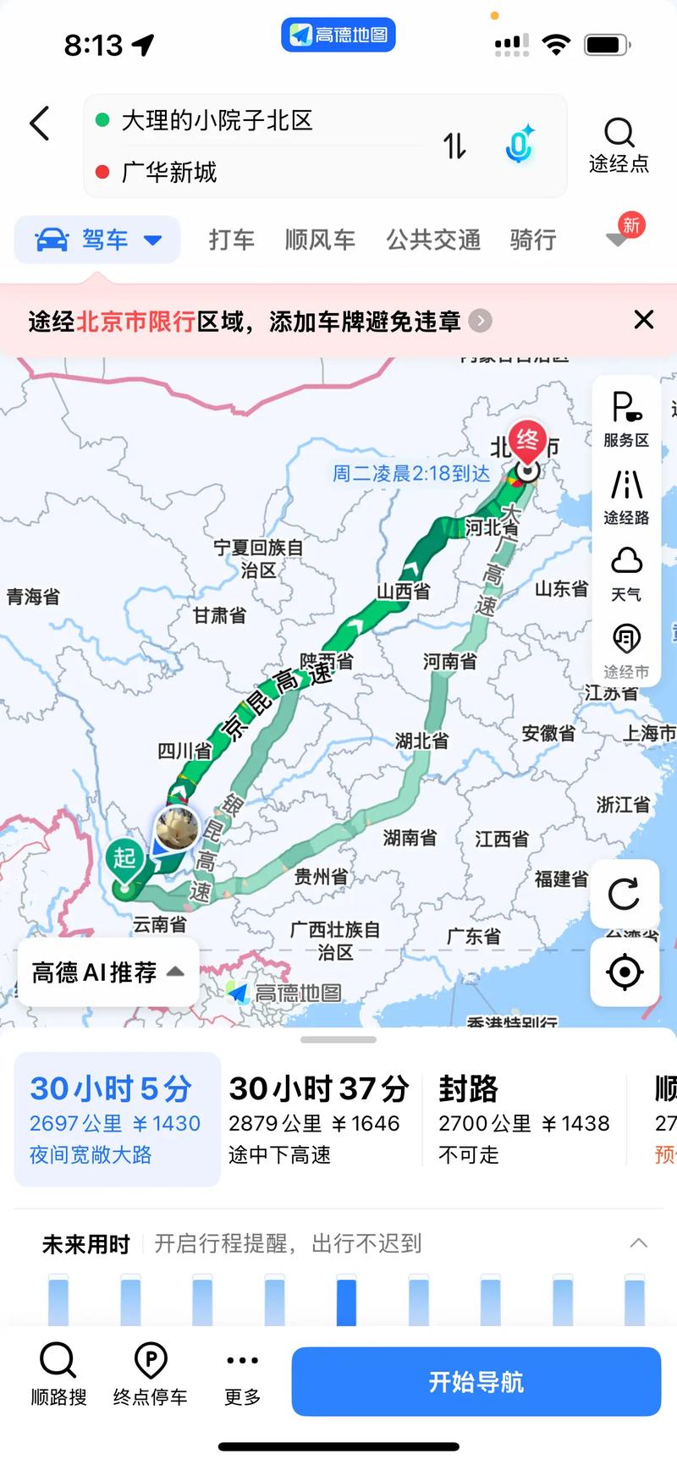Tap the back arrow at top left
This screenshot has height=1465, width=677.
[40, 124]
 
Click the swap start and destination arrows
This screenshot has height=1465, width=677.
[454, 146]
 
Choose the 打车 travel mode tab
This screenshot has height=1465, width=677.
[232, 240]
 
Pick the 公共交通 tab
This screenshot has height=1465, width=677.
[433, 240]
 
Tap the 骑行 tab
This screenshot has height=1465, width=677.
[533, 240]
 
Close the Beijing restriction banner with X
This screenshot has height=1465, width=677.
[644, 320]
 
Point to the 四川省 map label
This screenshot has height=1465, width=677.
[184, 751]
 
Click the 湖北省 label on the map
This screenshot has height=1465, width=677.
[421, 741]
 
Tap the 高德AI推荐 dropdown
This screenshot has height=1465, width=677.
[107, 972]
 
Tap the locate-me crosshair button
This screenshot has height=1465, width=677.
[625, 972]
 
